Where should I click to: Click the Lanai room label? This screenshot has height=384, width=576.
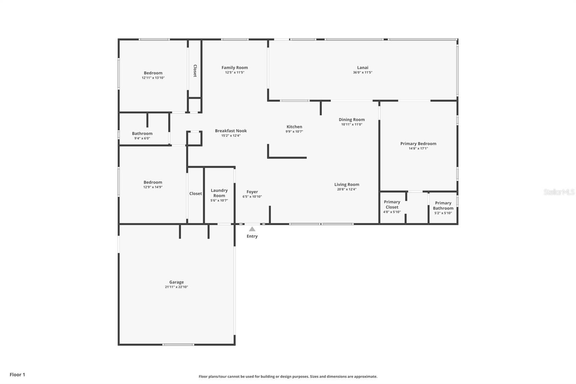click(363, 67)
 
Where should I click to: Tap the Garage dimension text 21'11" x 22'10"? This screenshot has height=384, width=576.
click(176, 287)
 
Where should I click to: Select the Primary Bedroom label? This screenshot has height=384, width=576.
click(418, 143)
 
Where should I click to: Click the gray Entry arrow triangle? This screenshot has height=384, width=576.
click(252, 229)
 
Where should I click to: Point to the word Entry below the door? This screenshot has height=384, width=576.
click(252, 236)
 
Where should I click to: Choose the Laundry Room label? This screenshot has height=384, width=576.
click(219, 193)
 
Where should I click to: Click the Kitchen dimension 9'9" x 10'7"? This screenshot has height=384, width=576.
click(294, 131)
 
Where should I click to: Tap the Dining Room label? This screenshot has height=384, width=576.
click(351, 120)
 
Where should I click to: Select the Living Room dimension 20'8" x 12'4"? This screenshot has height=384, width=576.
click(347, 189)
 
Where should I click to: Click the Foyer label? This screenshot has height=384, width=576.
click(252, 192)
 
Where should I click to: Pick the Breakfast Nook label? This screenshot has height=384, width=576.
click(231, 131)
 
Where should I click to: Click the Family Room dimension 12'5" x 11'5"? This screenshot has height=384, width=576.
click(235, 72)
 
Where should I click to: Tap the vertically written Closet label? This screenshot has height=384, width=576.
click(195, 71)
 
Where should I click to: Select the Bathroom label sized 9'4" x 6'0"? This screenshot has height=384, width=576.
click(142, 133)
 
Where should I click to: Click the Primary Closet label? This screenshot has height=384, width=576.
click(392, 204)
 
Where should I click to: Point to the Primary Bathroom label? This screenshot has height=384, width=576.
click(443, 205)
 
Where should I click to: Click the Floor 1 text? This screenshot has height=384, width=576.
click(17, 375)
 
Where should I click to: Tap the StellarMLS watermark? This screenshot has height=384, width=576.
click(559, 192)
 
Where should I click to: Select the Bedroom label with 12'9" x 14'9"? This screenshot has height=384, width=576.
click(153, 182)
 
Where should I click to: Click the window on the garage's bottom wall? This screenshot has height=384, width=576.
click(178, 345)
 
